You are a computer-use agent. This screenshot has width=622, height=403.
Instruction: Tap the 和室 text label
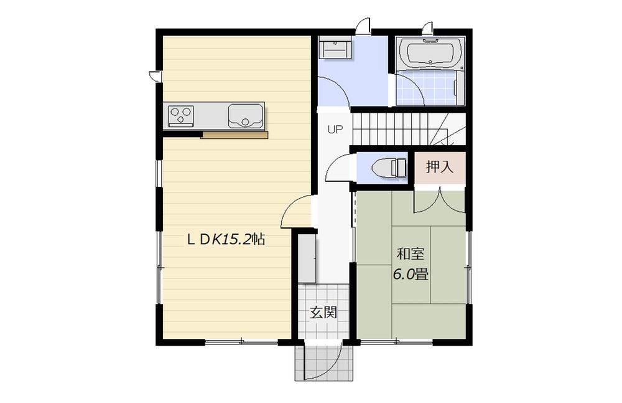(411, 254)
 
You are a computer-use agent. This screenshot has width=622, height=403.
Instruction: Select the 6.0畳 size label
(411, 274)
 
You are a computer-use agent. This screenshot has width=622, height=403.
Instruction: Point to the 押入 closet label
(440, 167)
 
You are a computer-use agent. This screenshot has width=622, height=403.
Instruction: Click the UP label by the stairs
(335, 130)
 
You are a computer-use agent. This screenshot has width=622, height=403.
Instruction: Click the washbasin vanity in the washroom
(335, 49)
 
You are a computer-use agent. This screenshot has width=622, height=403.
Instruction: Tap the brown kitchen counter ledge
(234, 135)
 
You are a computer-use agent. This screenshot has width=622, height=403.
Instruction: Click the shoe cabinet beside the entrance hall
(308, 258)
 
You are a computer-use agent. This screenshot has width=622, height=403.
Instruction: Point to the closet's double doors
(440, 201)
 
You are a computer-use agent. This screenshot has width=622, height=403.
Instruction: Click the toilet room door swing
(340, 168)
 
